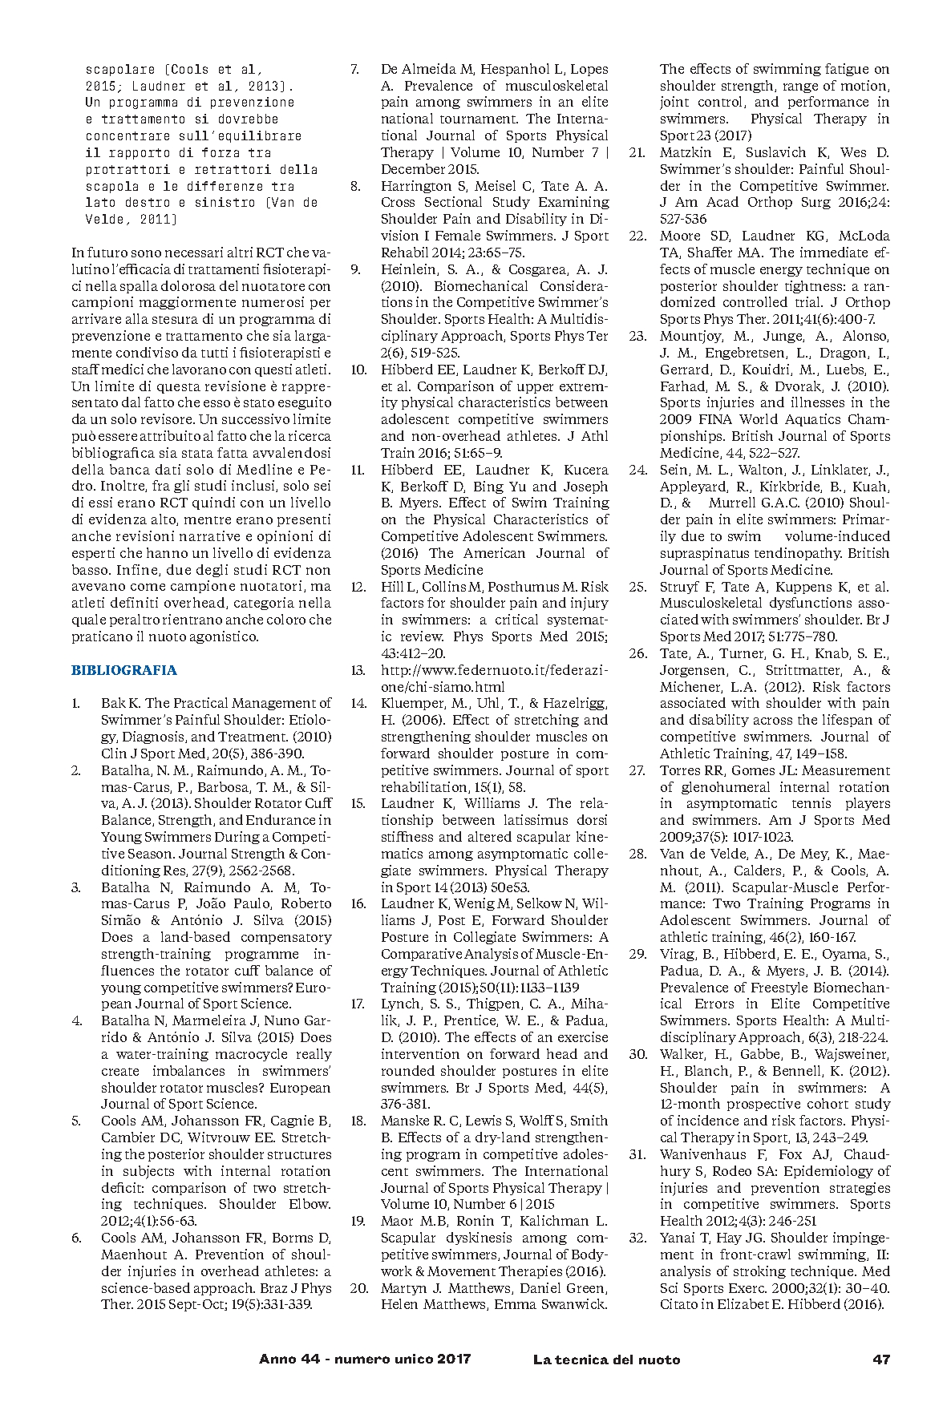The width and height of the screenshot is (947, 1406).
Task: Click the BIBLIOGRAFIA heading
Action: pyautogui.click(x=123, y=670)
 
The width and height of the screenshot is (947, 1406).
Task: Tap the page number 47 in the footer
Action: pyautogui.click(x=880, y=1360)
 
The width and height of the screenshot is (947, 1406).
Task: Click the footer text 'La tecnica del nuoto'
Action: pyautogui.click(x=606, y=1360)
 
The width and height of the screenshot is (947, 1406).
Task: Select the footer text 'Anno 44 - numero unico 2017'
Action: pyautogui.click(x=365, y=1360)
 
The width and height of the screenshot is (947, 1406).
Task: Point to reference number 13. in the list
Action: pyautogui.click(x=358, y=670)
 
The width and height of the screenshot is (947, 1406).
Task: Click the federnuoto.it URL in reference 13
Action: pyautogui.click(x=494, y=678)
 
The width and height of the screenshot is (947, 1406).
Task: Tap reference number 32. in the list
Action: pyautogui.click(x=637, y=1238)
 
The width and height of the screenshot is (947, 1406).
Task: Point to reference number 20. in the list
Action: pyautogui.click(x=358, y=1288)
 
